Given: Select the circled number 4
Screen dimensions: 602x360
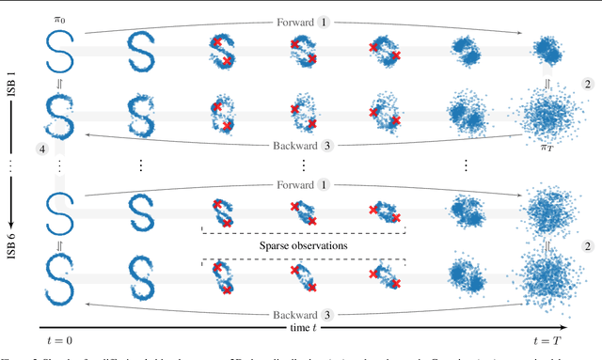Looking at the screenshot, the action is tap(39, 149).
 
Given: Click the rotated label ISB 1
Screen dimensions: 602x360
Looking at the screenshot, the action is tap(12, 78).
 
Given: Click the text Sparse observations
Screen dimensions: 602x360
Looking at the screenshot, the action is tap(302, 246).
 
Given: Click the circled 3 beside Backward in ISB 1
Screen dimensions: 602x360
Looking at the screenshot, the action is tap(325, 147).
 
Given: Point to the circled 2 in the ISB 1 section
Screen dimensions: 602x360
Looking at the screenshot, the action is tap(587, 86).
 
